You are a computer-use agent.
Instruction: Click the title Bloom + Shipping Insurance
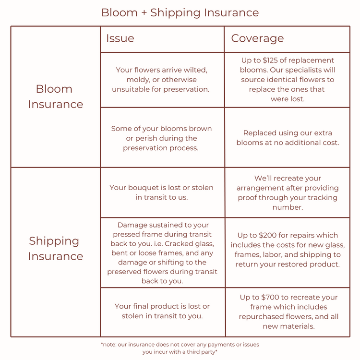(180, 12)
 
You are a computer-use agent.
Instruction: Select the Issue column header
(120, 38)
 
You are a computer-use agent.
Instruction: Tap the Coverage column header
(257, 38)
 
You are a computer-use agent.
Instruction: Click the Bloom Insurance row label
(55, 96)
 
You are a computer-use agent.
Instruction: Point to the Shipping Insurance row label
(55, 249)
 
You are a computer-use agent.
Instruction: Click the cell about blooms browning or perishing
(161, 138)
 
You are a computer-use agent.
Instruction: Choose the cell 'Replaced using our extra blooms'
(288, 138)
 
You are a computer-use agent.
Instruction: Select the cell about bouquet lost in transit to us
(161, 192)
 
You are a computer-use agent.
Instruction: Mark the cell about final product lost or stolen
(162, 311)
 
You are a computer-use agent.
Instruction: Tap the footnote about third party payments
(180, 348)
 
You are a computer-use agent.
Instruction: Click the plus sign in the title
(144, 13)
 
